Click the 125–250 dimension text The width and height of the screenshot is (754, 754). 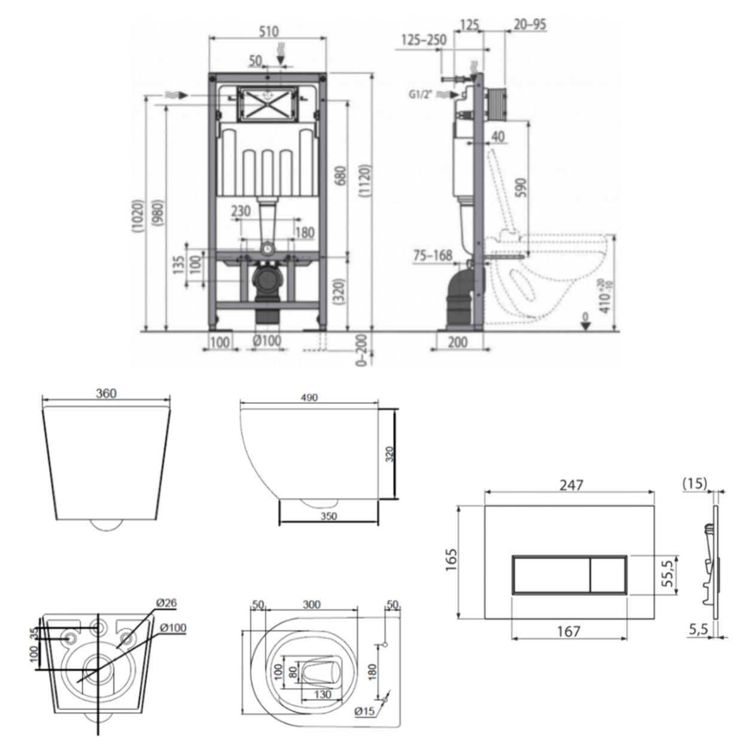click(424, 40)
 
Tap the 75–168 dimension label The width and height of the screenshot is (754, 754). click(433, 256)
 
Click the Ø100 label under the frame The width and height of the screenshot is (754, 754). click(266, 342)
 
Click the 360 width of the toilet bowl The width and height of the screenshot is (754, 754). click(106, 393)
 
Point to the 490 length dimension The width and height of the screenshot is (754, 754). click(309, 397)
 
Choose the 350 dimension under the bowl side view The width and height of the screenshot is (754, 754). click(329, 516)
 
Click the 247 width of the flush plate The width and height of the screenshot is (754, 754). click(571, 485)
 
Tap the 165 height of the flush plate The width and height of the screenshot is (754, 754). click(451, 561)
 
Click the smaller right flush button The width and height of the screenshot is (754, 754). click(608, 575)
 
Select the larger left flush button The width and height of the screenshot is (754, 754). click(551, 575)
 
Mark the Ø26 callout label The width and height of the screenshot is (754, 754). click(166, 603)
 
